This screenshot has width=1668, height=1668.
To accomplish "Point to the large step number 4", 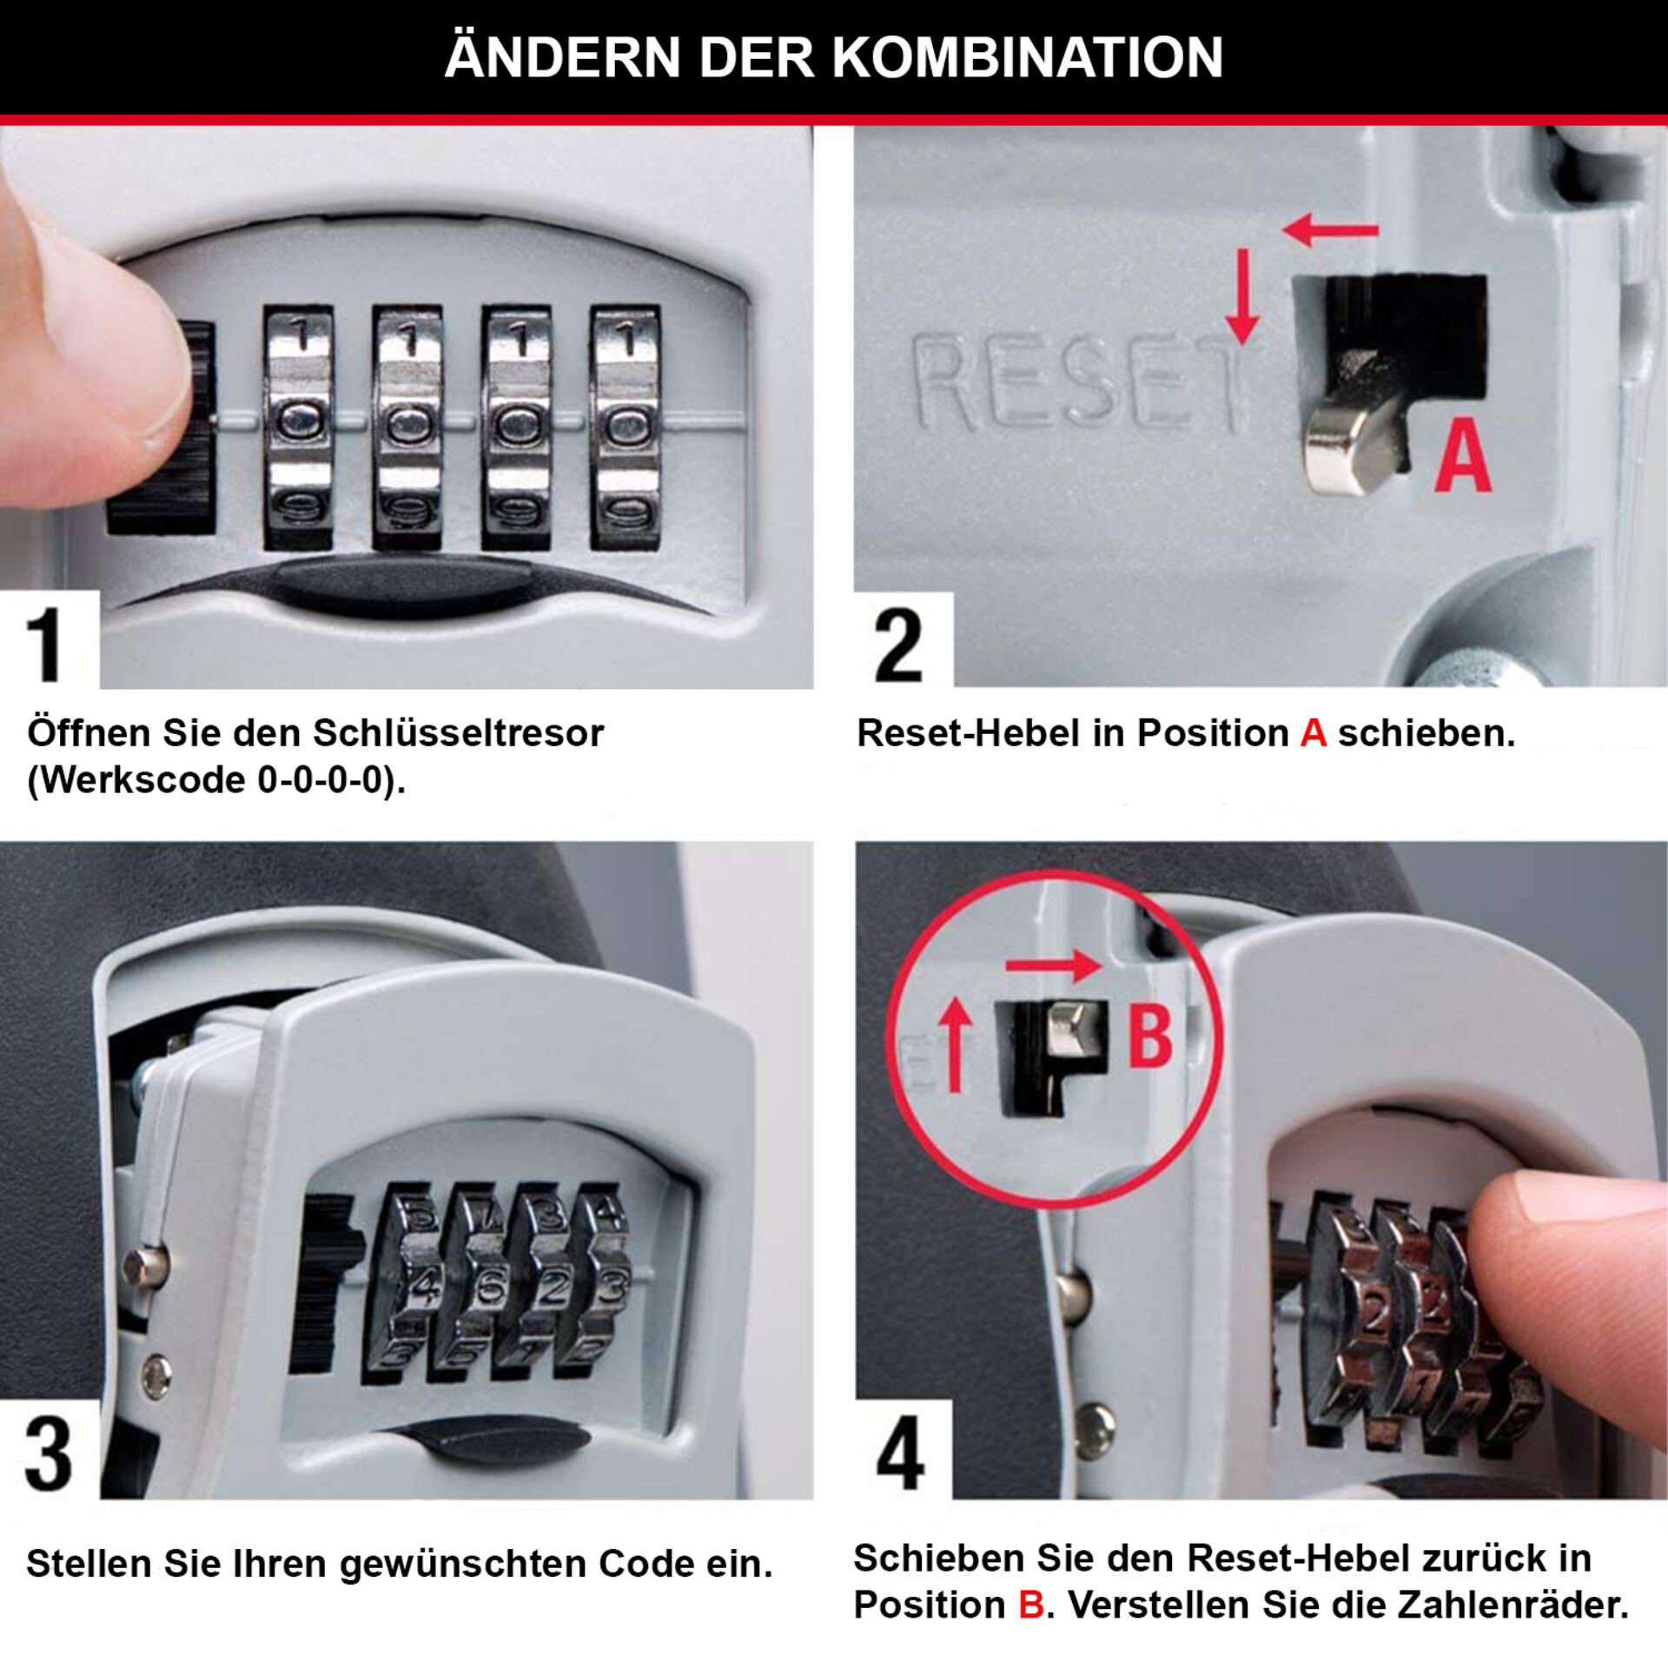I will coord(900,1453).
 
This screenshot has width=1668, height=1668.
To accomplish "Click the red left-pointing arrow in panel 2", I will coord(1329,231).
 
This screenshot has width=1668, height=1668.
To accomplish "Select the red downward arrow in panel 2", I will coord(1243,295).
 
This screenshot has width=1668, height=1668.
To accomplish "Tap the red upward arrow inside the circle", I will coord(956,1042).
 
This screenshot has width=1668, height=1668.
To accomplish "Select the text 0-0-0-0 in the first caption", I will coord(321,780).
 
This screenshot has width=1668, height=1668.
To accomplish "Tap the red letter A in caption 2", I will coord(1313,733).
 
